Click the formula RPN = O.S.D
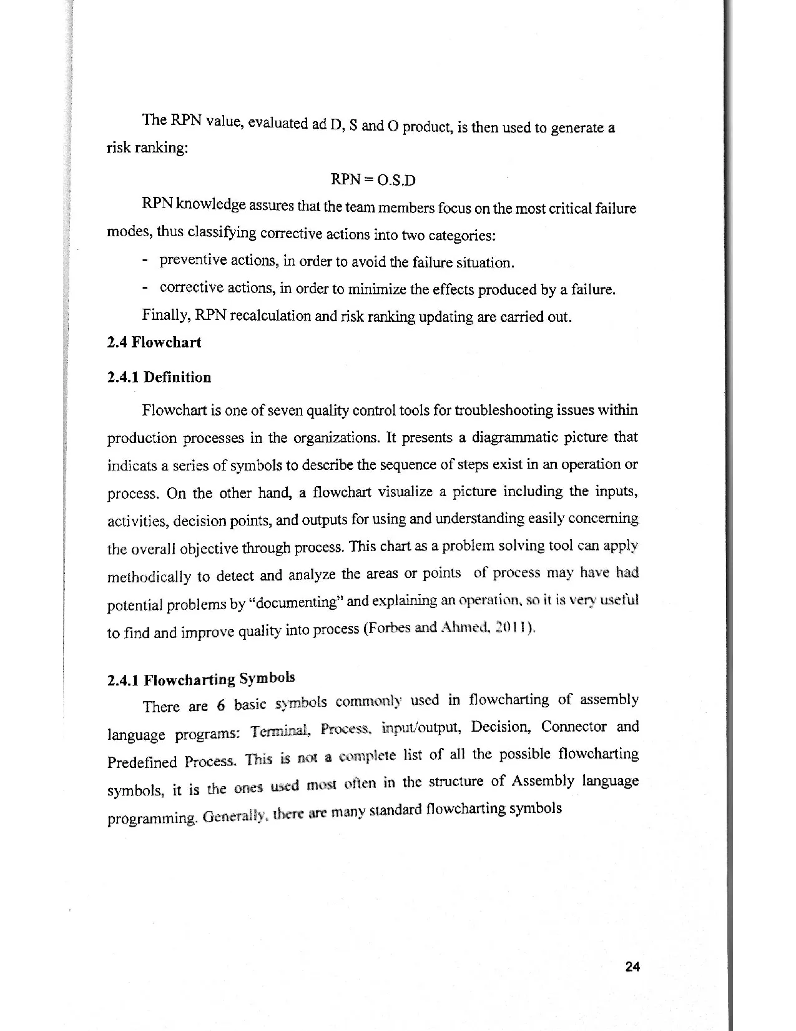click(373, 180)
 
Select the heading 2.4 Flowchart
click(154, 342)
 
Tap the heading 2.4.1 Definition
click(159, 377)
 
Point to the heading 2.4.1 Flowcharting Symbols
click(201, 679)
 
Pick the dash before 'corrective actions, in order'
click(145, 288)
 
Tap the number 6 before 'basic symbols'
click(221, 705)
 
